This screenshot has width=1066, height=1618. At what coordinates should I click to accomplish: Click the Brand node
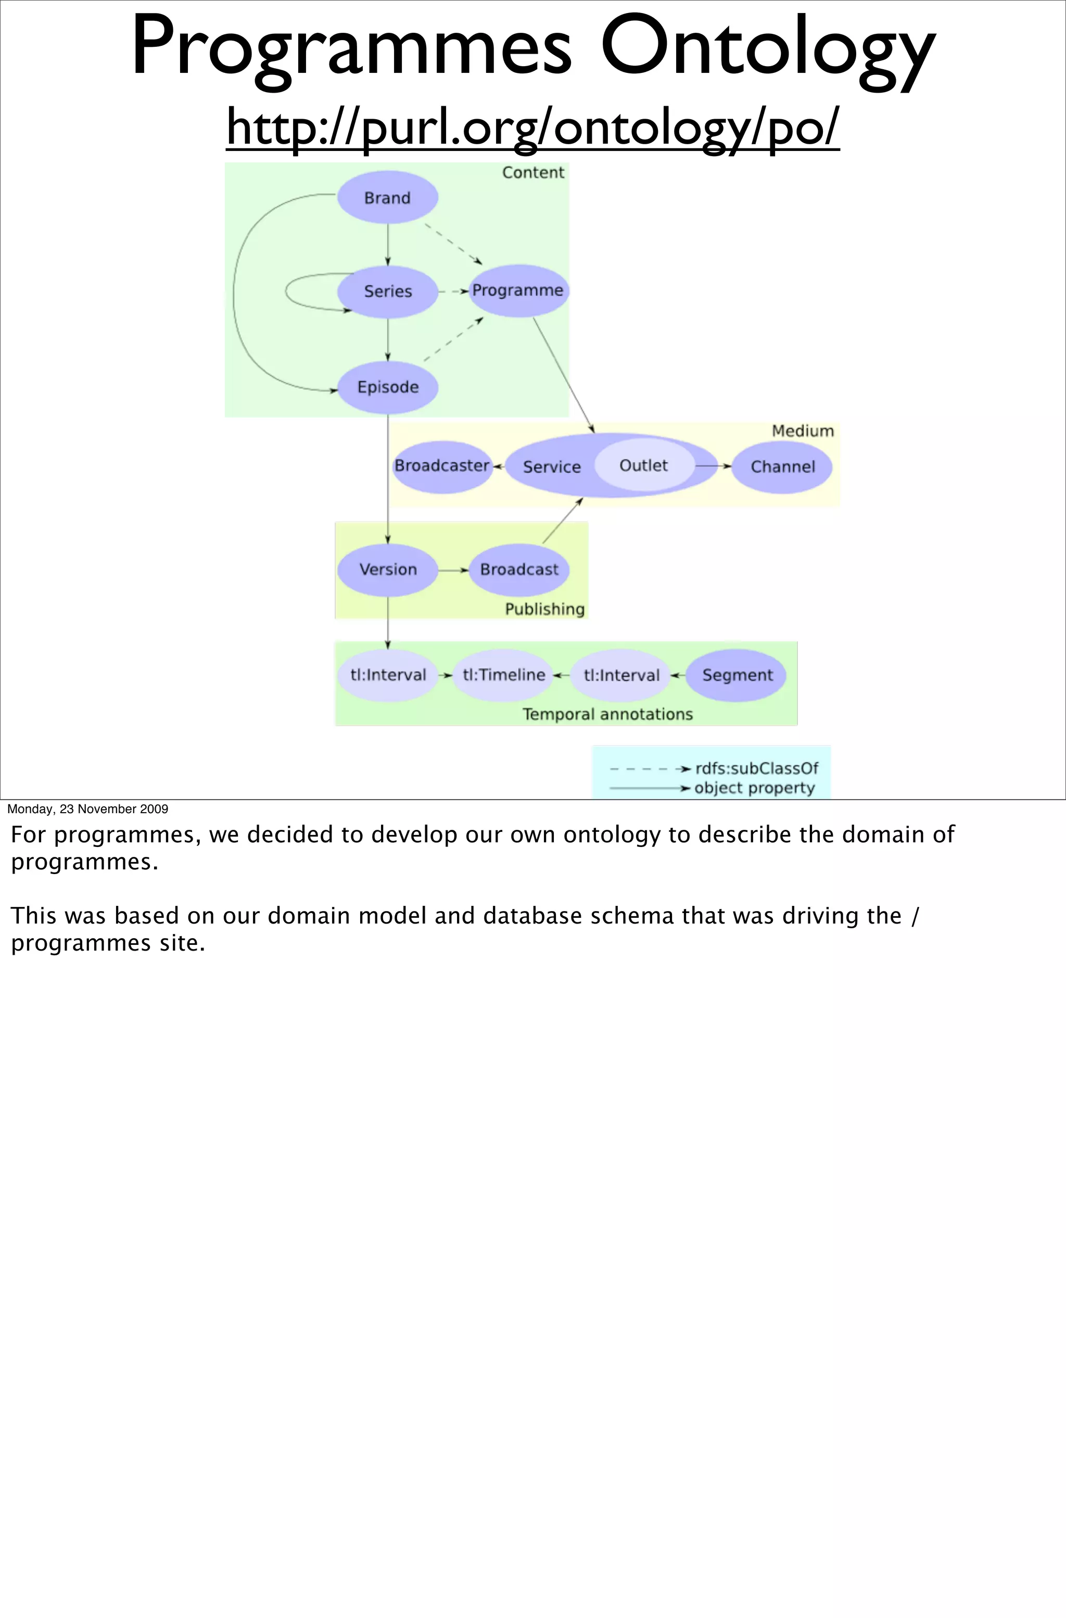[387, 198]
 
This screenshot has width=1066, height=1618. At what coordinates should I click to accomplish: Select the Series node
[387, 292]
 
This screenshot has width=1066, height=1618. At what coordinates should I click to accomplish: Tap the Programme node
[518, 291]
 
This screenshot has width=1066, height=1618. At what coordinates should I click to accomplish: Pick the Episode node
[387, 387]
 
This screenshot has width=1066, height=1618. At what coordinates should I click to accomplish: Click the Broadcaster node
[442, 466]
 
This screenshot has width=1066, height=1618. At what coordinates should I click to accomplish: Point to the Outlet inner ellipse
[643, 466]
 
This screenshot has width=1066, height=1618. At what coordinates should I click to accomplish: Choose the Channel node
[782, 467]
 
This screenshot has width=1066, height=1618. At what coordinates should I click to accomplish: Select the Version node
[387, 570]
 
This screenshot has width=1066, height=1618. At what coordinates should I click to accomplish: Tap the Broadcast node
[519, 570]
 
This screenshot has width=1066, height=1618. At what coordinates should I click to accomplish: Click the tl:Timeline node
[504, 675]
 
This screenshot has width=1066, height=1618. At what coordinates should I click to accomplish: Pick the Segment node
[737, 675]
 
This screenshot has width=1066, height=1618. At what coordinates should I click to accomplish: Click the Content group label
[533, 173]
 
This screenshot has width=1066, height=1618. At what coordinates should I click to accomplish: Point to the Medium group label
[802, 431]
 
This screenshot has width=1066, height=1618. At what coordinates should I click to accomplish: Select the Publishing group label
[544, 609]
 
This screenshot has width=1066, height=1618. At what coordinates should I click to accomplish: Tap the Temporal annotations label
[607, 714]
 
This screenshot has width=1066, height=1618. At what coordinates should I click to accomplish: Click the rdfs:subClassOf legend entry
[756, 768]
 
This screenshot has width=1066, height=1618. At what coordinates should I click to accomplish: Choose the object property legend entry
[754, 788]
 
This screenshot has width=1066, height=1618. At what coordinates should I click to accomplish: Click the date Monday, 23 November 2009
[87, 809]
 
